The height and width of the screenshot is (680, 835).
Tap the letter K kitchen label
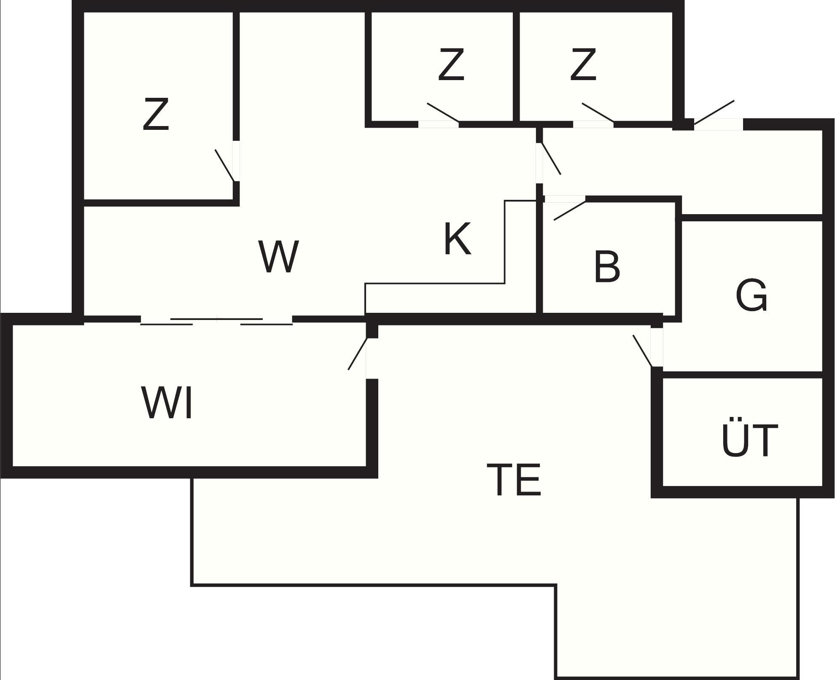tap(457, 239)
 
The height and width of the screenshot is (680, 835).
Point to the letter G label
tap(751, 296)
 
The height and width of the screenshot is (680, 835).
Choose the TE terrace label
tap(514, 480)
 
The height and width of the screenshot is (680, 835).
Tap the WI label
tap(167, 403)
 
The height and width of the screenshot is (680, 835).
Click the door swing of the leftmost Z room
tap(225, 165)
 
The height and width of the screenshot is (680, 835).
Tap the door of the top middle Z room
tap(443, 112)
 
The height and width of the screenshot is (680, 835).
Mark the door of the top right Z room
tap(598, 112)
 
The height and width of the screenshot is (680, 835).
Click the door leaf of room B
tap(570, 211)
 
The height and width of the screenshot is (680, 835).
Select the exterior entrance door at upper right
tap(714, 112)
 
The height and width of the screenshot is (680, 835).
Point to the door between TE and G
tap(643, 351)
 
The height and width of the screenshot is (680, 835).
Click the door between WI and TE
tap(358, 354)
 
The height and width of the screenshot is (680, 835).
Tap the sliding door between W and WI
tap(216, 321)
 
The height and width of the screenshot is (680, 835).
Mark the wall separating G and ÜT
tap(742, 374)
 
